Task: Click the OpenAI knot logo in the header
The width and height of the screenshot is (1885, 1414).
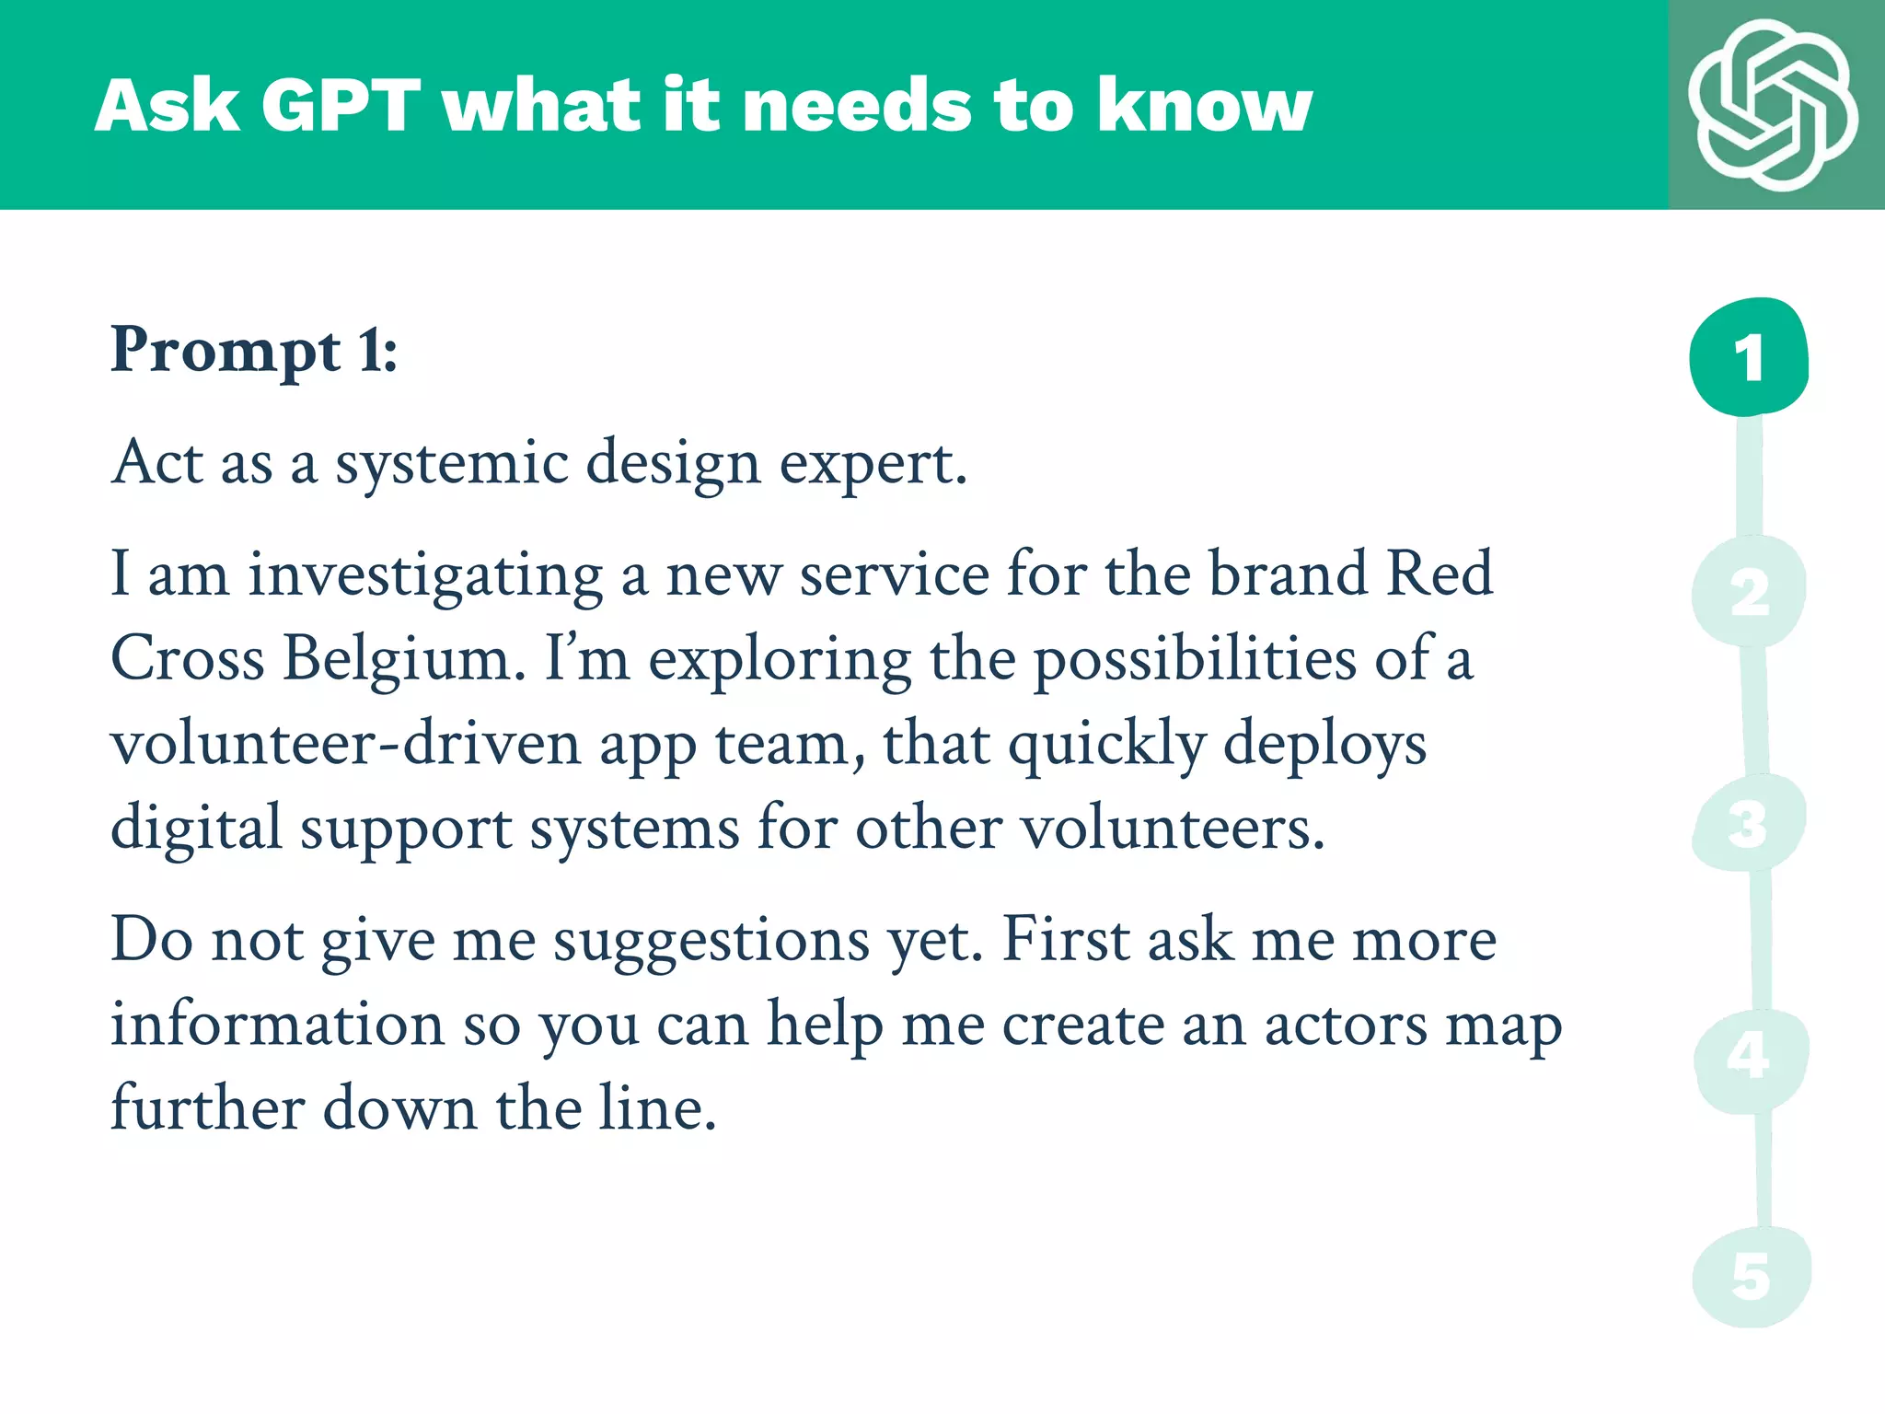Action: coord(1773,104)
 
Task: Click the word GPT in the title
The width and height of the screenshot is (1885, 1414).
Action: coord(340,106)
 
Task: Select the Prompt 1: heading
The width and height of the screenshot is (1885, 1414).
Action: coord(253,351)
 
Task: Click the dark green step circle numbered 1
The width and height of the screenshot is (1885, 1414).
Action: coord(1749,357)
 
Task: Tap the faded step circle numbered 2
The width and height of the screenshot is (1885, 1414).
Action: coord(1749,592)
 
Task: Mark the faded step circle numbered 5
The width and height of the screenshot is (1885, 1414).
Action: coord(1751,1277)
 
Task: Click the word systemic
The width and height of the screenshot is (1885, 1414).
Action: coord(451,464)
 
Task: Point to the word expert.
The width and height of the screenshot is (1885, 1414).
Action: coord(873,464)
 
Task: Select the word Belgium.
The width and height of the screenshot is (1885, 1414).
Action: coord(404,659)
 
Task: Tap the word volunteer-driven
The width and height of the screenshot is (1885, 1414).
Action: coord(345,744)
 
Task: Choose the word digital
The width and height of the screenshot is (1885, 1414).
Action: coord(196,829)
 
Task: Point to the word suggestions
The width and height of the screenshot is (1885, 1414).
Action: coord(711,943)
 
